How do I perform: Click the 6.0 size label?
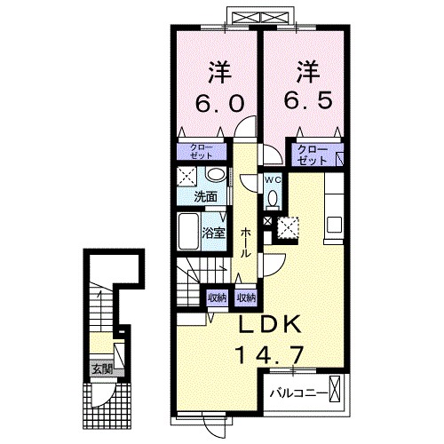click(220, 103)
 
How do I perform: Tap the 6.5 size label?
click(308, 99)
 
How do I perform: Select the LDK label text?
click(270, 325)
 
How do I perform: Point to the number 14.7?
click(269, 355)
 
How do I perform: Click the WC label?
click(273, 179)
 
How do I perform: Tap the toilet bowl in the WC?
click(273, 197)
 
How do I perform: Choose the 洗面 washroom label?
click(206, 197)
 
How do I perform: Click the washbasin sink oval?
click(216, 175)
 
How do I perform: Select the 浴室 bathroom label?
click(214, 234)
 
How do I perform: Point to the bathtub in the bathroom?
click(188, 232)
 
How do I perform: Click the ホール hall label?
click(246, 242)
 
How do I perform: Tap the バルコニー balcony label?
click(299, 393)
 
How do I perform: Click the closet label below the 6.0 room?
click(202, 152)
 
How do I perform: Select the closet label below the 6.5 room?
click(313, 155)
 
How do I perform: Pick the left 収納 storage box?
click(217, 297)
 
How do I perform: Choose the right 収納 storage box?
click(246, 297)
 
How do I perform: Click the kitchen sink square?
click(335, 225)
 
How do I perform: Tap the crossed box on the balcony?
click(335, 389)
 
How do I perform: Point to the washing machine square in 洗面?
click(186, 178)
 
